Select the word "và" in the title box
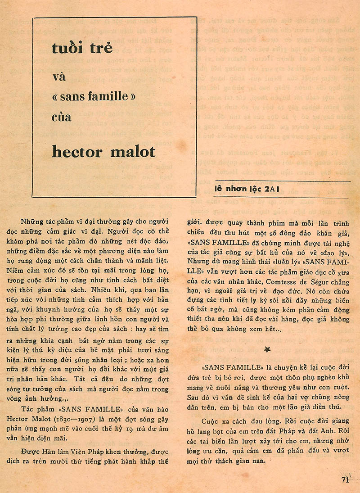click(x=59, y=77)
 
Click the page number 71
click(x=345, y=479)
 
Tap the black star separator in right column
click(x=267, y=349)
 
